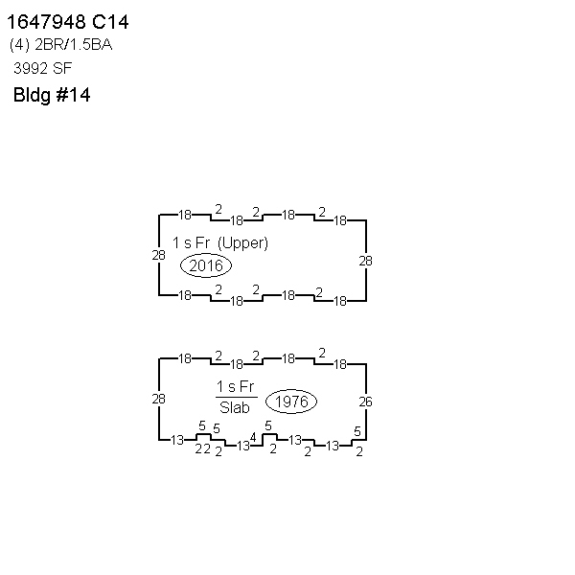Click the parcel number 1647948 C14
(68, 22)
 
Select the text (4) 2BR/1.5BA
(61, 45)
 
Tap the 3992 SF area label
(42, 68)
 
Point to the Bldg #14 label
(52, 95)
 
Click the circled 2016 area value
(206, 265)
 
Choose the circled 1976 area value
(291, 402)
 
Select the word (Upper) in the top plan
(242, 243)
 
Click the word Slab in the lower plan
(235, 407)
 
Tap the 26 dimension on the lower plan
(366, 402)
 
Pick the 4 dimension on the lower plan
(253, 437)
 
